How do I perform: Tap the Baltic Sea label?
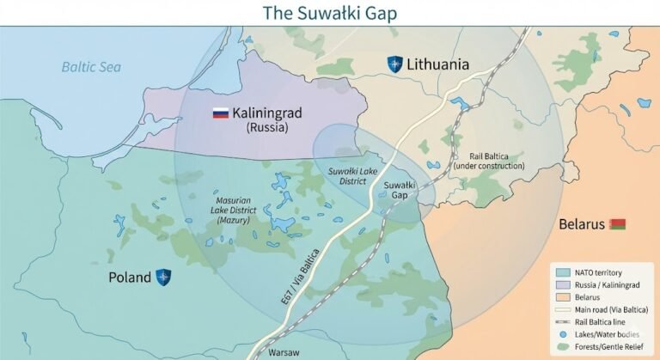92,66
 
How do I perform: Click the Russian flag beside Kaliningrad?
220,113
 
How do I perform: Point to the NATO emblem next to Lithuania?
394,64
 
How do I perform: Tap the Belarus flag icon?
617,224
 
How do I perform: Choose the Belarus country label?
582,224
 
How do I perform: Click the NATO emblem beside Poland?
162,277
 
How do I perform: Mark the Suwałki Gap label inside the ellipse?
400,190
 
